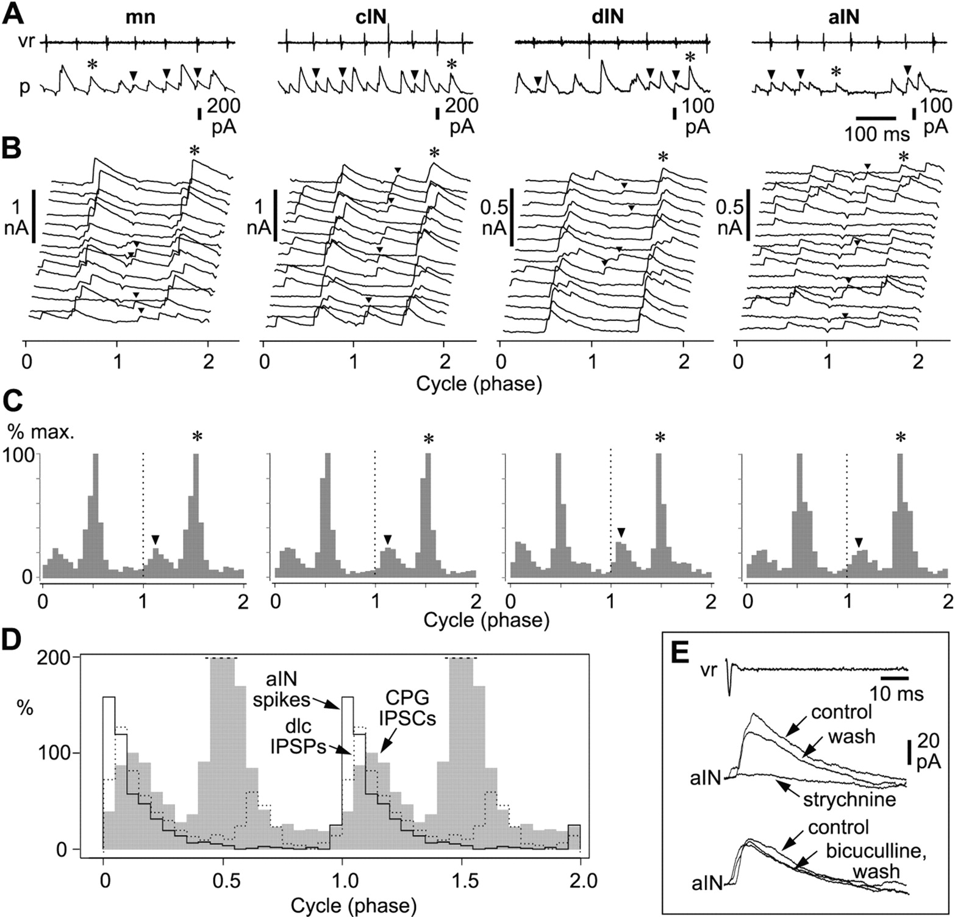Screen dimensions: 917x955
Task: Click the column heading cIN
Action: coord(369,16)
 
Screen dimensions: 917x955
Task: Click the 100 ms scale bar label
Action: coord(876,134)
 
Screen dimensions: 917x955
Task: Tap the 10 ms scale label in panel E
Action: coord(896,694)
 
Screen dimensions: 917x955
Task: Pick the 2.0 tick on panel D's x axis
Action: coord(579,880)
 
